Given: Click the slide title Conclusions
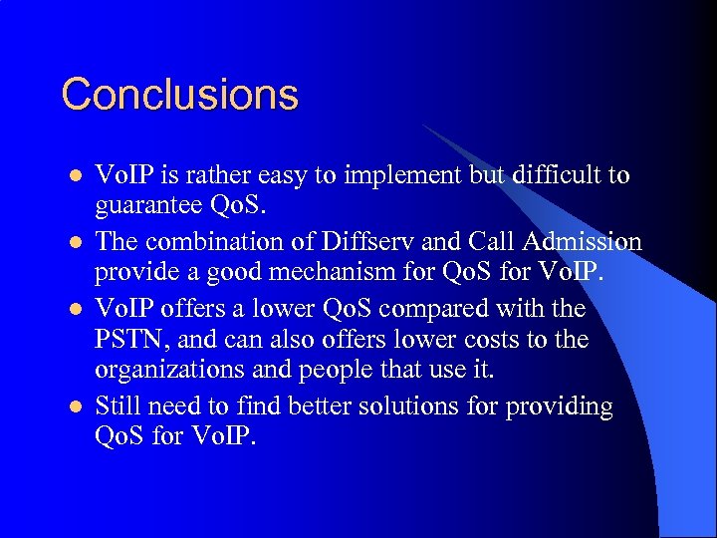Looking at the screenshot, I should (179, 95).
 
